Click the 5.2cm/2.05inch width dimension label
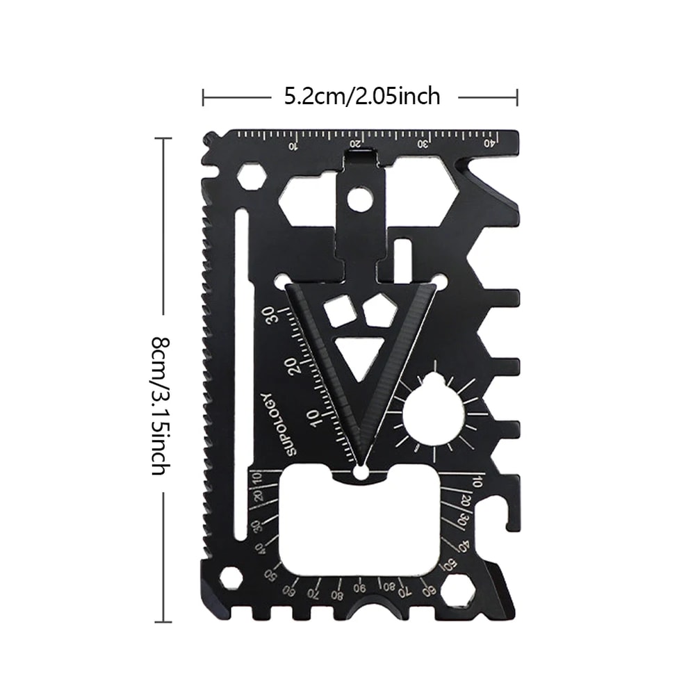click(x=362, y=97)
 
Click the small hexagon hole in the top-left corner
click(x=251, y=177)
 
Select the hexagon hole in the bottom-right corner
click(x=457, y=592)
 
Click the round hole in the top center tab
click(x=359, y=199)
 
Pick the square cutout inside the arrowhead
click(x=338, y=311)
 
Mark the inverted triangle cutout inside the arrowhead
click(x=360, y=353)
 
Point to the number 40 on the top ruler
click(x=491, y=143)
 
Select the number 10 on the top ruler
click(x=293, y=146)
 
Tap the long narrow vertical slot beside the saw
click(x=240, y=375)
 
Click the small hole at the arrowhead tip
click(x=361, y=473)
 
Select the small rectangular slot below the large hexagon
click(x=403, y=252)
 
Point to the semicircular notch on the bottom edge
click(x=379, y=610)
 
